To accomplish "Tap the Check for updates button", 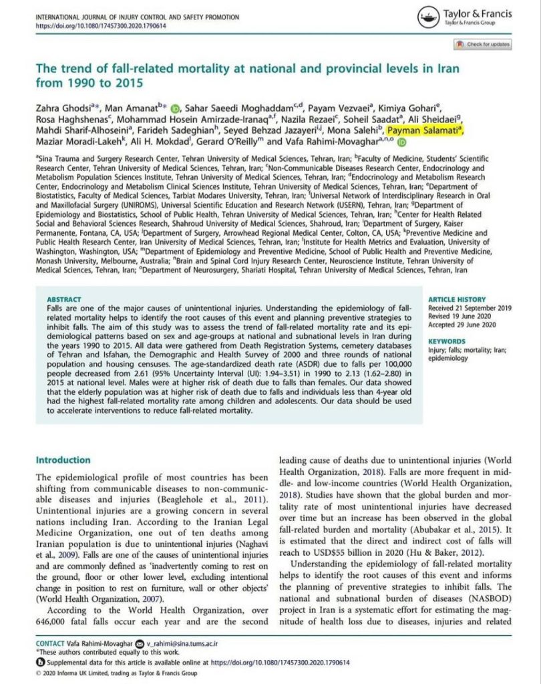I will pos(482,44).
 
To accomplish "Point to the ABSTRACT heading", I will pos(64,300).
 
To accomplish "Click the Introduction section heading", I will pos(63,460).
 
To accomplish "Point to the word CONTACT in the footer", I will pos(51,643).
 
